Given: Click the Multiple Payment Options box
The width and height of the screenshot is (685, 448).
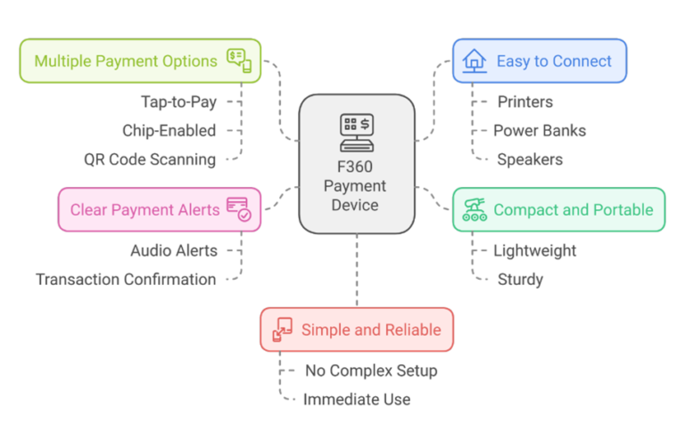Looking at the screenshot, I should [x=140, y=61].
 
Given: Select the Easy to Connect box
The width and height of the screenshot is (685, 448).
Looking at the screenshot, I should [x=540, y=61].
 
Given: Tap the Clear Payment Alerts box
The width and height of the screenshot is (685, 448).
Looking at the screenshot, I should [x=160, y=209].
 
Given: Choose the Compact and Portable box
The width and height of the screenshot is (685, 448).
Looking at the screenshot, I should [x=558, y=209].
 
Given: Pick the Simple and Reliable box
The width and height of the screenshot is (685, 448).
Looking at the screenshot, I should [x=357, y=330].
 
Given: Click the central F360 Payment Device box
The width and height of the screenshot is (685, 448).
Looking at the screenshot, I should [x=356, y=166].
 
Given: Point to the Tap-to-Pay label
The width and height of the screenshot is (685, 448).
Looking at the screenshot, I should [x=177, y=102].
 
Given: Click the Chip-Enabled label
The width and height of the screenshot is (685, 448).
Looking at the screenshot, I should [x=169, y=131].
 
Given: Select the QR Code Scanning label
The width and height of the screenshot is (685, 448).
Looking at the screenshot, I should [x=150, y=160].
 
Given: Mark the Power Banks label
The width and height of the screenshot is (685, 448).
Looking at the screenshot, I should [x=540, y=131].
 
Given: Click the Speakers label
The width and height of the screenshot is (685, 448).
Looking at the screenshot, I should [x=530, y=160].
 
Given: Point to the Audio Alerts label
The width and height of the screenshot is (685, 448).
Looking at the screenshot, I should [x=173, y=251].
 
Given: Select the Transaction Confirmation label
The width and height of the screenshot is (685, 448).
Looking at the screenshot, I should [x=126, y=280].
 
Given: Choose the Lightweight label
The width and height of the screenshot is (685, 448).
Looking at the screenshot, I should [x=534, y=251].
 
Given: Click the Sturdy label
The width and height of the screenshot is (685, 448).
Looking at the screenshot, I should [x=520, y=280].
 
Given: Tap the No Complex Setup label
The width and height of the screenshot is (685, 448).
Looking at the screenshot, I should [x=371, y=371].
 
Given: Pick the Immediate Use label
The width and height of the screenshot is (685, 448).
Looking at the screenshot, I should [x=357, y=400].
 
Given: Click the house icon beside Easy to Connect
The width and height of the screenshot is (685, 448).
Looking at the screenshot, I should [x=475, y=61].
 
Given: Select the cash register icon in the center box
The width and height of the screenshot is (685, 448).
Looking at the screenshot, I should [x=356, y=132].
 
